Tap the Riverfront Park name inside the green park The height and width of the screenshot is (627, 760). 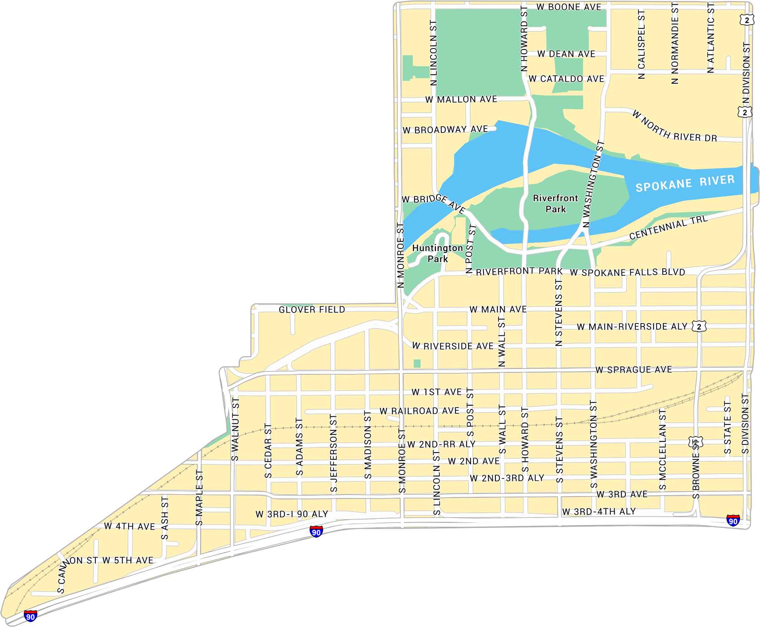(x=556, y=204)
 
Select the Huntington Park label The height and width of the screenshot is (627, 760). (x=438, y=253)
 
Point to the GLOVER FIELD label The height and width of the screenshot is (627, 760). (x=312, y=310)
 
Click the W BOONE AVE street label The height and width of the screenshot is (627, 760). (x=569, y=7)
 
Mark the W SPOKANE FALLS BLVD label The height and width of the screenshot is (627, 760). (x=627, y=272)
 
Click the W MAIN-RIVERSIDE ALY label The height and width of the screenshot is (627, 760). (x=632, y=327)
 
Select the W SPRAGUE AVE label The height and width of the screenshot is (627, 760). (x=633, y=370)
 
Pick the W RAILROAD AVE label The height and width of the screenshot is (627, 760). (x=419, y=411)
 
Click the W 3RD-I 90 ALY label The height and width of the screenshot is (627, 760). (x=292, y=514)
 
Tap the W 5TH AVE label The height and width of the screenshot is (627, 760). (x=128, y=560)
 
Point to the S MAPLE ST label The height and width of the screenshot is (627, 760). (x=199, y=498)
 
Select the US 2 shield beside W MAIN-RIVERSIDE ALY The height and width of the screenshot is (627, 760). (x=699, y=327)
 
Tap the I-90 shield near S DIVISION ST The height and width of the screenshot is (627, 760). (x=733, y=521)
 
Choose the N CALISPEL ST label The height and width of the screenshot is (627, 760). (x=642, y=45)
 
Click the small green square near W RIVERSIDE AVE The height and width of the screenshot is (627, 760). (x=417, y=363)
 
